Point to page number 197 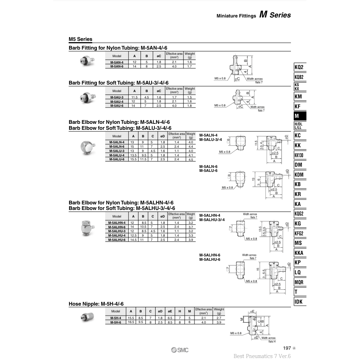[288, 348]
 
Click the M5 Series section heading [81, 39]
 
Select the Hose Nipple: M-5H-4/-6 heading [96, 304]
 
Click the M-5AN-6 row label [117, 66]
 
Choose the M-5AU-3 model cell [117, 97]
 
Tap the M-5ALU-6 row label [117, 159]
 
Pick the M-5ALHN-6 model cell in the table [117, 227]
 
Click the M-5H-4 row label [116, 318]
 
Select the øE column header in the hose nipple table [169, 312]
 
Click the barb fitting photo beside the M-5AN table [85, 61]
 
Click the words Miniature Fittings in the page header [236, 16]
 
